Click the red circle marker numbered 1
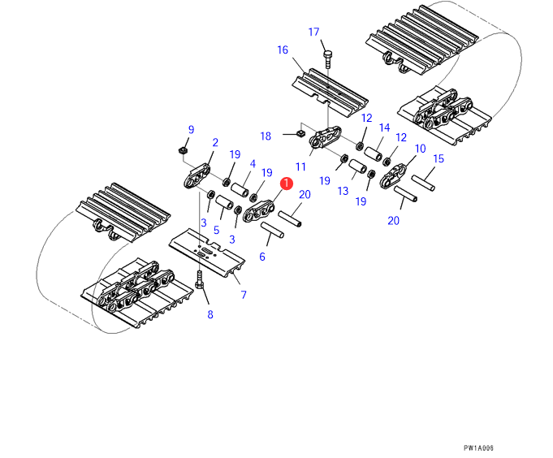coord(287,184)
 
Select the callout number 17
coord(313,32)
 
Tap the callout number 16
coord(283,50)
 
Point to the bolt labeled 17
coord(327,59)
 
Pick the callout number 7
coord(244,295)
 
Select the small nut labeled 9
coord(183,151)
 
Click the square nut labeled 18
coord(300,133)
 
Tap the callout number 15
coord(438,158)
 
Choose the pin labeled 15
coord(423,183)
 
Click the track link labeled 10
coord(393,175)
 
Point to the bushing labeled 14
coord(374,153)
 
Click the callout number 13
coord(343,191)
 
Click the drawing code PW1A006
coord(478,448)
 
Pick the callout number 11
coord(300,166)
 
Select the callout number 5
coord(216,231)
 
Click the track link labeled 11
coord(325,137)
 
